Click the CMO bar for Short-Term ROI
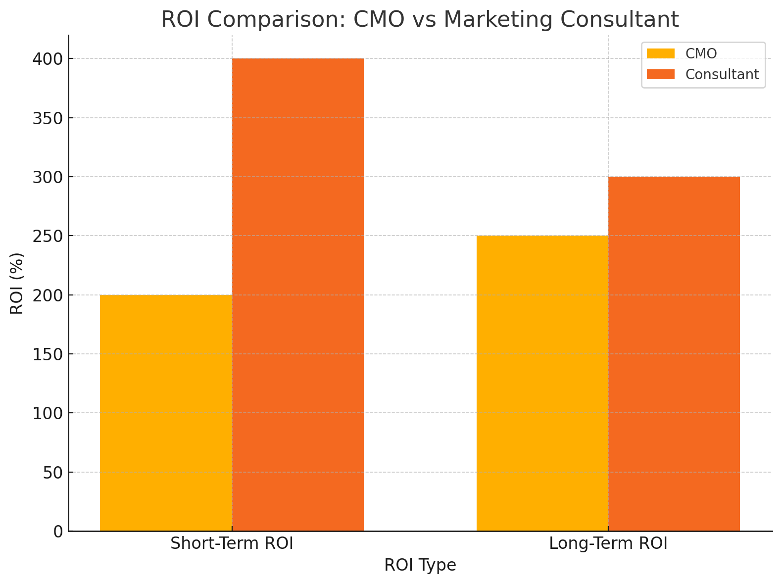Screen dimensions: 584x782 pos(166,413)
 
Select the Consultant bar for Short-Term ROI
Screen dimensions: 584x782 pos(298,294)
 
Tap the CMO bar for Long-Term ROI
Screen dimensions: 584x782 pos(542,383)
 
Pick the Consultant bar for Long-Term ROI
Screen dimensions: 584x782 pos(674,353)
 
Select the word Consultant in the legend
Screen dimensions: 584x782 pos(722,74)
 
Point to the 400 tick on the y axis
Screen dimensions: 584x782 pos(48,59)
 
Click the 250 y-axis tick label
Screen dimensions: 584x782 pos(48,236)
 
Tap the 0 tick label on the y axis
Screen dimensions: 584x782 pos(58,532)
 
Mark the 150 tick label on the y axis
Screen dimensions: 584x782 pos(48,354)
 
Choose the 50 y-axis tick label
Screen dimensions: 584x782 pos(53,473)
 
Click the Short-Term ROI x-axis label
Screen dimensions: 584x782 pos(232,544)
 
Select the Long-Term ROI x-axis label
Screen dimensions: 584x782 pos(608,544)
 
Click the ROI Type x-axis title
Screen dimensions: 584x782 pos(420,565)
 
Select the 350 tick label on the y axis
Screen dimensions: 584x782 pos(48,118)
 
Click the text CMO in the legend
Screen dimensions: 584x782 pos(701,53)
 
